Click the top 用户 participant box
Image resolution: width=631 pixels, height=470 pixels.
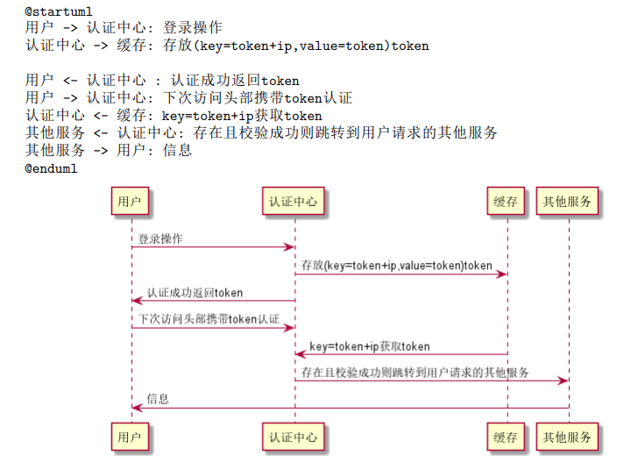[130, 201]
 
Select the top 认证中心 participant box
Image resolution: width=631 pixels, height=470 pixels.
[293, 201]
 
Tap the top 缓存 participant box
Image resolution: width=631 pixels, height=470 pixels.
[506, 201]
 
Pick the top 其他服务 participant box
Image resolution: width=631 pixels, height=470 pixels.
[567, 201]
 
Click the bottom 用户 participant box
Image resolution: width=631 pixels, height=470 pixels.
[130, 437]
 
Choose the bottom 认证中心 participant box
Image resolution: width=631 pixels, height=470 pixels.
[293, 437]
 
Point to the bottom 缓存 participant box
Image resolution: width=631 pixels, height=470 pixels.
[506, 437]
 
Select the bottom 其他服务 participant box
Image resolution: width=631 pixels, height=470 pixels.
[567, 437]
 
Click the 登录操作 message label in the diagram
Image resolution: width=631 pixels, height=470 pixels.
[160, 239]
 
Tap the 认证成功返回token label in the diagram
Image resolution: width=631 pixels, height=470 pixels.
[195, 293]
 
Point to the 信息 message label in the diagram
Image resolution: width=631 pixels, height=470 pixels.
[158, 399]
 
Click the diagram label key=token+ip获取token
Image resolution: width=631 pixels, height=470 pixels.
[370, 346]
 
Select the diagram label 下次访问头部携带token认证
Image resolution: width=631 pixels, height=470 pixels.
[209, 319]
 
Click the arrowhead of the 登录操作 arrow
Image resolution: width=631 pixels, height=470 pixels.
[289, 247]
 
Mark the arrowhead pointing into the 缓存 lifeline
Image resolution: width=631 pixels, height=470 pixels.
[502, 274]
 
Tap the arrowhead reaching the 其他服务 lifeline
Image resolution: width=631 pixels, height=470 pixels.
[563, 381]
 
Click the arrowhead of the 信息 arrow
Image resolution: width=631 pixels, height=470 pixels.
[138, 408]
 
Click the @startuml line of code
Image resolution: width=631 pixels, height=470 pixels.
[59, 11]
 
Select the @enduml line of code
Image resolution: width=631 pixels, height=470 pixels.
[51, 168]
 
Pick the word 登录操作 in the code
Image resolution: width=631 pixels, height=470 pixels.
[193, 27]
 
